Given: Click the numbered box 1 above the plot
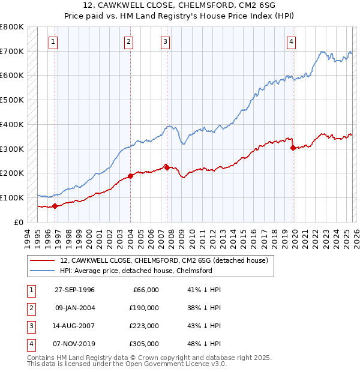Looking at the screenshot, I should [x=54, y=41].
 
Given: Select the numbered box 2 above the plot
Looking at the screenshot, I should [x=129, y=41].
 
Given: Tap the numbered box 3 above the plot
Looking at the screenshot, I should [x=165, y=41].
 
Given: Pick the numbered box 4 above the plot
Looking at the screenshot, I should [x=291, y=41].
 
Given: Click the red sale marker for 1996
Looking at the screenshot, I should [x=55, y=206].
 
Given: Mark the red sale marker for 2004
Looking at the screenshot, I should [x=130, y=176].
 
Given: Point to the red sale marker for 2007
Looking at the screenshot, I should [x=167, y=167].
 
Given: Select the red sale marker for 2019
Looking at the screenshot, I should [x=293, y=148].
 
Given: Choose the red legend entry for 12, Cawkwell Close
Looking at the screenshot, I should [x=167, y=260].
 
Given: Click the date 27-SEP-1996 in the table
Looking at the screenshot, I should [x=74, y=290].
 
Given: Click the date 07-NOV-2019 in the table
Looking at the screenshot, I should [x=74, y=344].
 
